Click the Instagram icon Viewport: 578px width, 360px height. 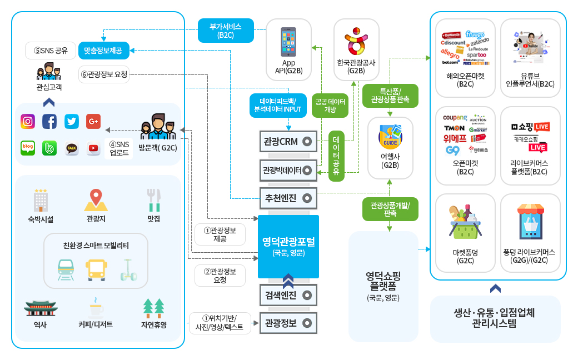coord(28,121)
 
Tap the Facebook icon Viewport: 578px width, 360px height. coord(49,121)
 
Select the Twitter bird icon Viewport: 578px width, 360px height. coord(71,121)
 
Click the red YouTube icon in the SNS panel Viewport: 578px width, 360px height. coord(93,148)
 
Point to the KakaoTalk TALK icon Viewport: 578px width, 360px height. coord(72,148)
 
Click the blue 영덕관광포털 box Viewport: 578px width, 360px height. coord(288,247)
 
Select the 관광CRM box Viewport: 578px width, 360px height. coord(288,141)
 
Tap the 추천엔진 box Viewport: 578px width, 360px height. coord(288,197)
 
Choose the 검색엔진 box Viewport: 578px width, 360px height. coord(288,294)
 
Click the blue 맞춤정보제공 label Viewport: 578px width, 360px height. coord(103,51)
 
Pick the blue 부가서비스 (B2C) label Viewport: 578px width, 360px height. coord(226,31)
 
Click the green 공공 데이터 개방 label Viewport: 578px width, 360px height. coord(330,106)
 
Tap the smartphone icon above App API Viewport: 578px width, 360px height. coord(288,42)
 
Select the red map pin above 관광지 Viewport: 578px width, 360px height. coord(96,198)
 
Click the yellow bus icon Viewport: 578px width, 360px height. coord(96,269)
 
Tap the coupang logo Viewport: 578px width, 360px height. coord(455,118)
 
